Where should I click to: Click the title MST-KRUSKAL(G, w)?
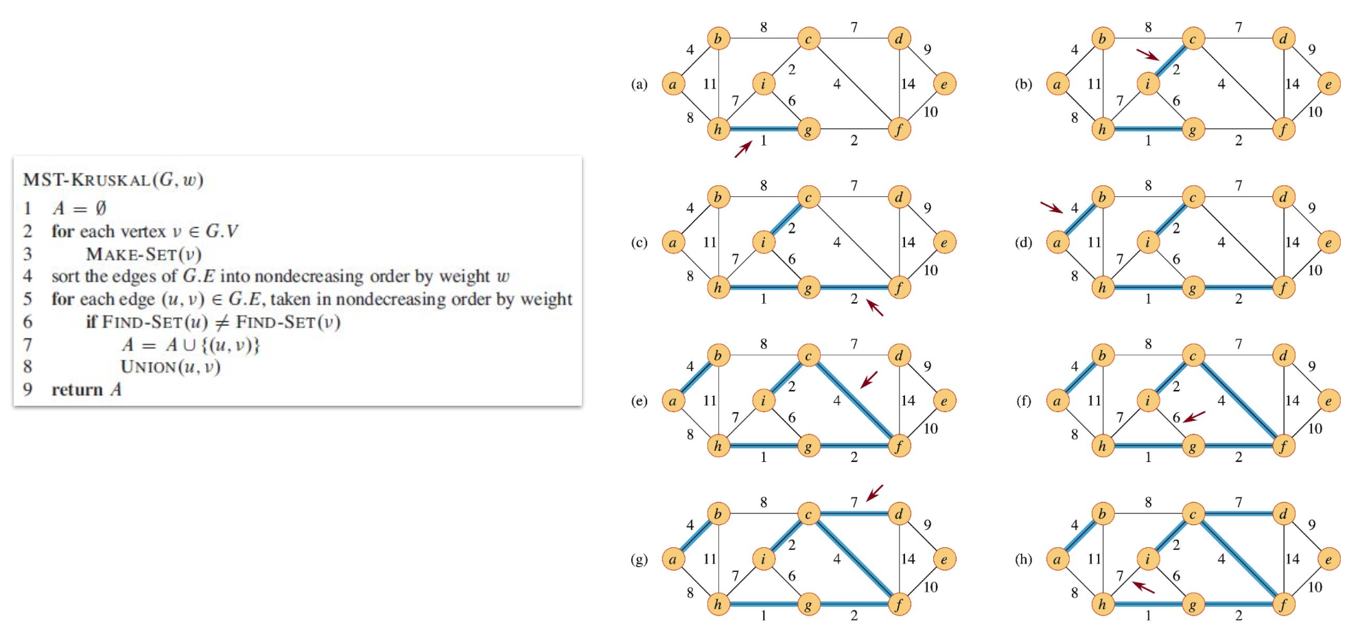click(x=113, y=180)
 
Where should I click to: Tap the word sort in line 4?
click(x=66, y=277)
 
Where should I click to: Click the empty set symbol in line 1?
click(x=100, y=209)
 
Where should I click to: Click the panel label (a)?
click(x=639, y=84)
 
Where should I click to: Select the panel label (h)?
click(x=1023, y=560)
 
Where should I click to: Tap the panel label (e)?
click(x=639, y=401)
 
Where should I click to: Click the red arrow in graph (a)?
click(x=742, y=149)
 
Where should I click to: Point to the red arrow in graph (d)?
click(x=1051, y=207)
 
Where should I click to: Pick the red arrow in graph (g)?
click(x=874, y=493)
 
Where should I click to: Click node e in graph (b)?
click(x=1328, y=84)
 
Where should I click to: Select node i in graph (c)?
click(x=762, y=242)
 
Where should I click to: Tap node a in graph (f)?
click(x=1057, y=401)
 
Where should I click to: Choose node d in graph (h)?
click(x=1282, y=514)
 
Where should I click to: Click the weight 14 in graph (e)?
click(x=907, y=400)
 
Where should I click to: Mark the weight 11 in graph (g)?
click(x=710, y=559)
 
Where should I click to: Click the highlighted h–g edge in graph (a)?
click(x=763, y=128)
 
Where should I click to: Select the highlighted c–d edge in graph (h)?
click(x=1238, y=514)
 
